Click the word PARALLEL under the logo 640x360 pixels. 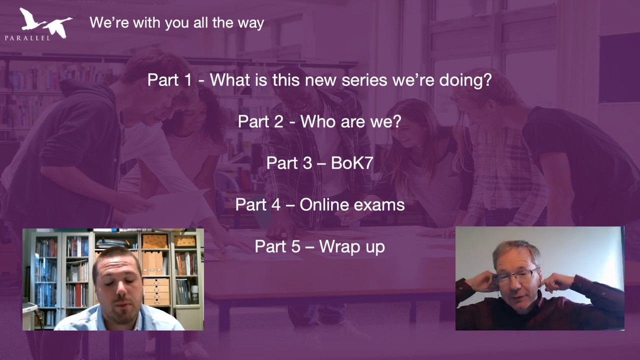(27, 38)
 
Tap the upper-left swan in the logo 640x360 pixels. (31, 19)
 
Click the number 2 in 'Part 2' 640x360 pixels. (279, 121)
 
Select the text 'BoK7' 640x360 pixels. (352, 163)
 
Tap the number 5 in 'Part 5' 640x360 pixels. (295, 246)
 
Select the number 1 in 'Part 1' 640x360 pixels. (187, 79)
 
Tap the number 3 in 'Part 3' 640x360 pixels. (307, 163)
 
